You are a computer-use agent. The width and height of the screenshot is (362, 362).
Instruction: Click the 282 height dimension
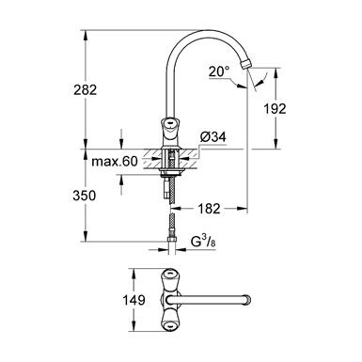click(x=86, y=90)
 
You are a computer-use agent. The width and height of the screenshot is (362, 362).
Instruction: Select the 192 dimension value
click(x=275, y=109)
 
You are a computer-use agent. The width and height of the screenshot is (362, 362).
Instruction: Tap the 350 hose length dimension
click(x=84, y=196)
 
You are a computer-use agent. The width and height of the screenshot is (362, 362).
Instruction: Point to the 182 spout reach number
click(x=209, y=209)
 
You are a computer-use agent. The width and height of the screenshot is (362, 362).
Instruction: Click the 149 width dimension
click(x=134, y=300)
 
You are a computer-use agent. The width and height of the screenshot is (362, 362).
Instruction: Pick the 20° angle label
click(x=219, y=71)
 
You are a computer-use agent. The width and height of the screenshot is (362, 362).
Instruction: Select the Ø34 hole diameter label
click(x=213, y=137)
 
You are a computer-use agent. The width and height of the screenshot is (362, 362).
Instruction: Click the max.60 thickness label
click(x=115, y=162)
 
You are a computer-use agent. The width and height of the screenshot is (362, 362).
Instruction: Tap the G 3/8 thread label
click(x=203, y=242)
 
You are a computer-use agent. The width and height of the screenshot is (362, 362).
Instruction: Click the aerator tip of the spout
click(x=245, y=63)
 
